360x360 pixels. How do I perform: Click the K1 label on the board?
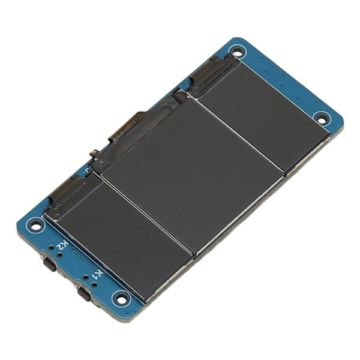pos(99,274)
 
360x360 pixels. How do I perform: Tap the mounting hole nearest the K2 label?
pos(35,224)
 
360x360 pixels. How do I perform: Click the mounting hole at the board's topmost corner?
pos(239,52)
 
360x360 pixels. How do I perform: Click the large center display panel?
pos(193,175)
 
